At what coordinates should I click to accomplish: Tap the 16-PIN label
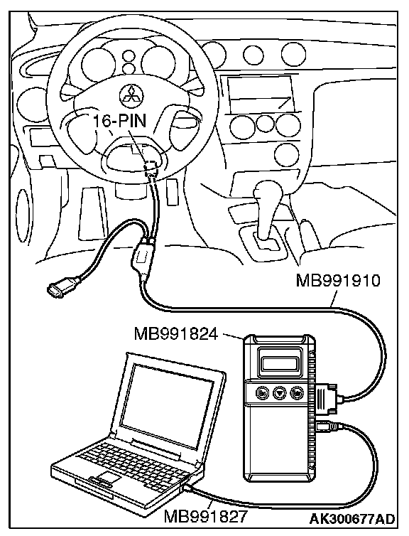coord(119,121)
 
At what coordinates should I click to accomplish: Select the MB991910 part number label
coord(338,281)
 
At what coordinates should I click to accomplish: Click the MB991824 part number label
coord(176,333)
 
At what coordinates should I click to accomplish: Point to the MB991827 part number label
coord(205,517)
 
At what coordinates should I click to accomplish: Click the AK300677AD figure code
coord(352,518)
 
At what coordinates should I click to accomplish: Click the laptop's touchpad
coord(107,477)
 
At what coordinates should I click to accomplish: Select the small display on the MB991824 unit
coord(280,363)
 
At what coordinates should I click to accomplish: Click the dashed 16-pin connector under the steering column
coord(151,168)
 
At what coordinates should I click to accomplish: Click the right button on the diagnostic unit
coord(297,393)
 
